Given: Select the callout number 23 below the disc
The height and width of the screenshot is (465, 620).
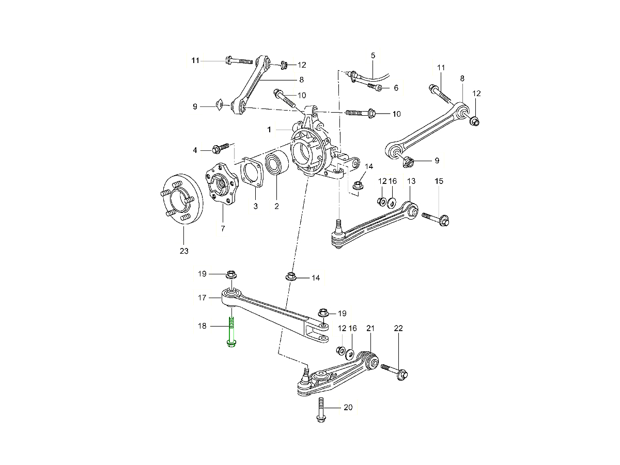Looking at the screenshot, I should (184, 251).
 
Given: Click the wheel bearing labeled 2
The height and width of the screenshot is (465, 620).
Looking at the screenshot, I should (276, 165).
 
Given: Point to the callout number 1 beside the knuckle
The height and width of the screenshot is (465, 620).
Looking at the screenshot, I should (270, 129).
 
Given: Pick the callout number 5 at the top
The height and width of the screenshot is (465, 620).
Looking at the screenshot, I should (373, 55).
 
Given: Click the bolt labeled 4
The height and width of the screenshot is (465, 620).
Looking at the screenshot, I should (220, 149).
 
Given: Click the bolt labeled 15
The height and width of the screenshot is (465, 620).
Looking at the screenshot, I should (437, 219).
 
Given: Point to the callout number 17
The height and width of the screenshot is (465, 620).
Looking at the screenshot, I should (202, 298).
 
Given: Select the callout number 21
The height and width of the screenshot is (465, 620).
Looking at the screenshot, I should (370, 328).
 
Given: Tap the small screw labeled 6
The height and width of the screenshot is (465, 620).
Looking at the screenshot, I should (375, 87).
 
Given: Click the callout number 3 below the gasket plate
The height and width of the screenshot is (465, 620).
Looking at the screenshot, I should (255, 207).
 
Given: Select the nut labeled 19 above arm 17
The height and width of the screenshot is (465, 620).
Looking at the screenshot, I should (231, 274).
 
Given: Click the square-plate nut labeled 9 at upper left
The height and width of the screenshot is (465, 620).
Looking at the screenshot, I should (220, 105).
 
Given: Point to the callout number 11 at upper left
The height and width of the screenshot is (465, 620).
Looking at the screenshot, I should (195, 61).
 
